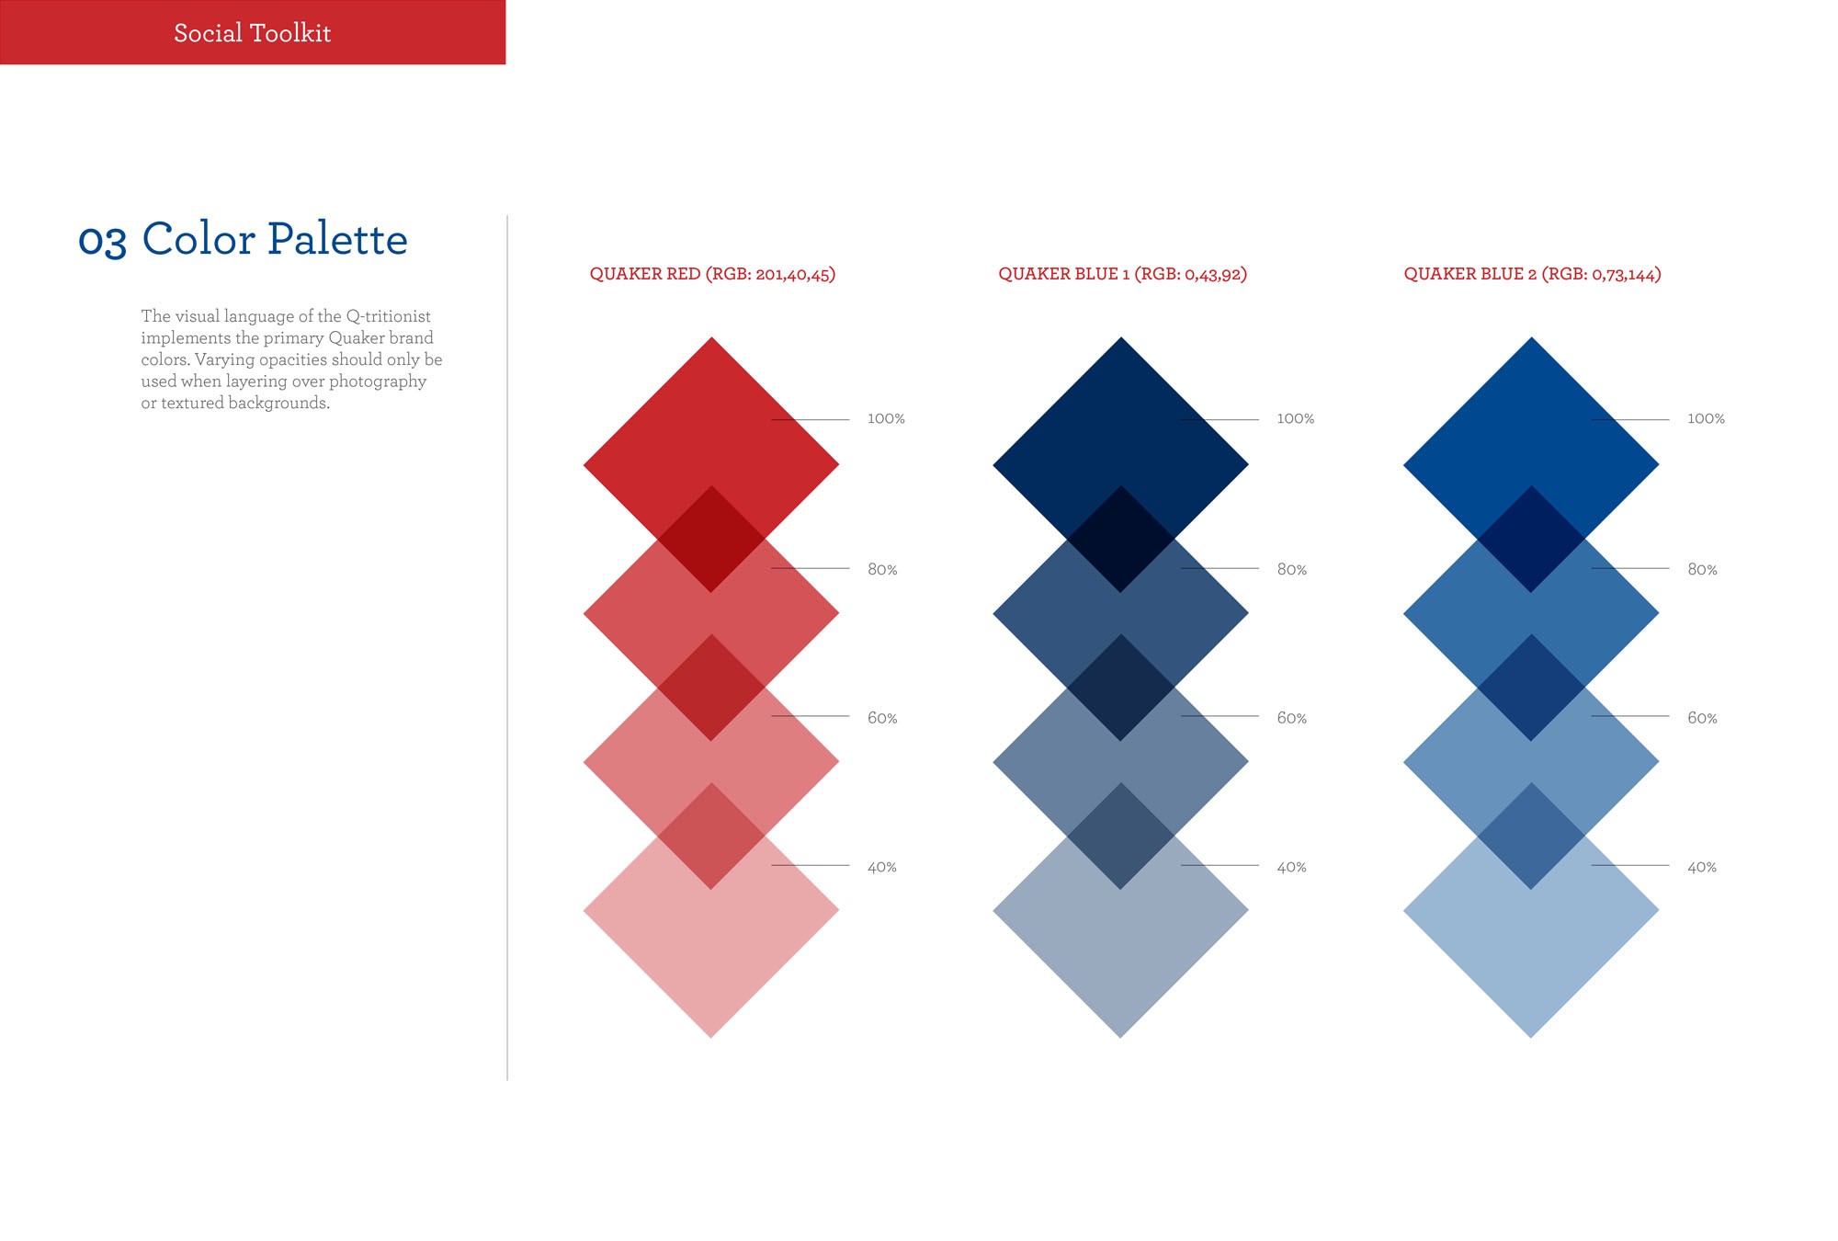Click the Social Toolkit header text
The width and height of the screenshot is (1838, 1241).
point(252,33)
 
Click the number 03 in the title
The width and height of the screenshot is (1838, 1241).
point(102,241)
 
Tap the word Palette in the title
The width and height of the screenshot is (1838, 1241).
point(337,239)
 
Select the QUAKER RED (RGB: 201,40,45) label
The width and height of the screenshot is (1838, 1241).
point(712,274)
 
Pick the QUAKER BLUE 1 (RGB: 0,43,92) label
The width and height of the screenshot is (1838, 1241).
point(1122,274)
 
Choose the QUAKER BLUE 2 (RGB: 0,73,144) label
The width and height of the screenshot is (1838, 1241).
point(1532,274)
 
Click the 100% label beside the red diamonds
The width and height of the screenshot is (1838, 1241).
point(886,419)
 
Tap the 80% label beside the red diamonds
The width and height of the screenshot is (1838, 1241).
point(882,570)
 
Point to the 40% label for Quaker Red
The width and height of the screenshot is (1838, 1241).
point(882,867)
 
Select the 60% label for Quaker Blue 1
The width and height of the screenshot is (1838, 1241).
point(1291,718)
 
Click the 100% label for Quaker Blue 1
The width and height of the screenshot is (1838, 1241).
point(1295,419)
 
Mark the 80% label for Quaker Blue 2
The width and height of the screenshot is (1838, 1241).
point(1702,570)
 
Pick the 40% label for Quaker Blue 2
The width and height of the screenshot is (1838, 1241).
point(1702,867)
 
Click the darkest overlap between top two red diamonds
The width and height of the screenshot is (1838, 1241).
point(711,539)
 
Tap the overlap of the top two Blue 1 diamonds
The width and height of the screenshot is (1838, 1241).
point(1120,539)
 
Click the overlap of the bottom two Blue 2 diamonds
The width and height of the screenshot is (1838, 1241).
point(1531,836)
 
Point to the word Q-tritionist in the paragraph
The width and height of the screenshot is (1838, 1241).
point(388,316)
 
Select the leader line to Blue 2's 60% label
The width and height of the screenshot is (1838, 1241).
point(1630,716)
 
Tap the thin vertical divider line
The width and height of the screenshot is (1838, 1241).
point(507,648)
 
